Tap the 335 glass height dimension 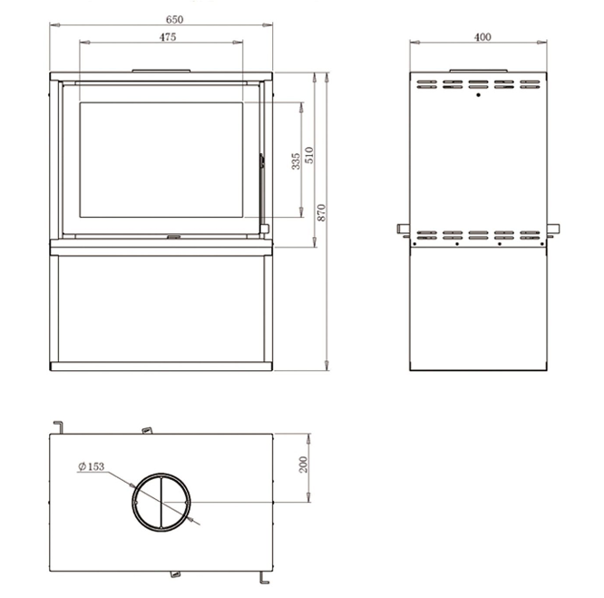coord(296,161)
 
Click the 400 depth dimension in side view coord(482,36)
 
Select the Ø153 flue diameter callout coord(92,466)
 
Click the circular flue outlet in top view coord(162,502)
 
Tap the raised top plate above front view coord(162,69)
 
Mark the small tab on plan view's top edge coord(145,430)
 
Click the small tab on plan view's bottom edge coord(175,574)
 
